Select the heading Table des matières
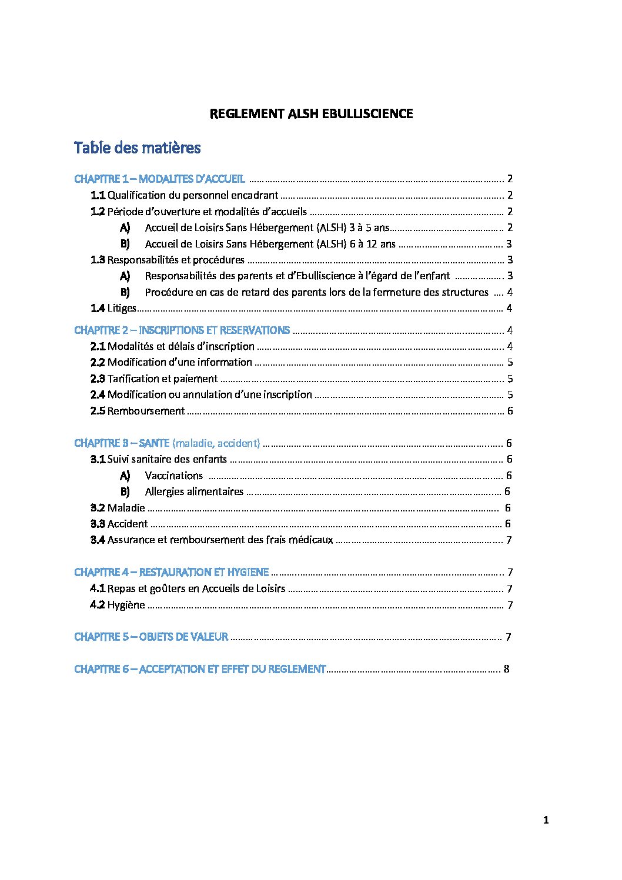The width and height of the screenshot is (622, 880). tap(137, 148)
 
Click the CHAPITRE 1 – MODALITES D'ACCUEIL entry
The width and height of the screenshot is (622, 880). tap(159, 179)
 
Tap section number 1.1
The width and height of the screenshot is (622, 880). tap(98, 195)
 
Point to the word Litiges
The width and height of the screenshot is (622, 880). tap(122, 308)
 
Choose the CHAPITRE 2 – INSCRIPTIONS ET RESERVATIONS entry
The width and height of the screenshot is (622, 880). tap(182, 330)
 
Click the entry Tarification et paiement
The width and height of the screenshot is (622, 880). tap(162, 379)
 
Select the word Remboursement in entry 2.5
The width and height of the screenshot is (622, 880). tap(146, 411)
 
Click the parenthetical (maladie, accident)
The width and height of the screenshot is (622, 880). tap(216, 443)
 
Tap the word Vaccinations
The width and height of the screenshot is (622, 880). tap(173, 476)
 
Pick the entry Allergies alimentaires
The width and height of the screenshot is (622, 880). tap(194, 491)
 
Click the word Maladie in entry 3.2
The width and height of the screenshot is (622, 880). tap(126, 508)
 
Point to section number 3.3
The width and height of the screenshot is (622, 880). tap(98, 524)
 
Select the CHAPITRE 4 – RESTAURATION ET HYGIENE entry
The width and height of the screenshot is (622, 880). tap(171, 572)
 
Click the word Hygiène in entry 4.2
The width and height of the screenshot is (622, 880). tap(126, 605)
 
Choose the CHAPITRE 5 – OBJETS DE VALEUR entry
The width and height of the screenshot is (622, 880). tap(151, 637)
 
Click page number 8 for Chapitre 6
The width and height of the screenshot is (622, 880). tap(506, 669)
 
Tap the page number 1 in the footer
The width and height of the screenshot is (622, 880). tap(546, 820)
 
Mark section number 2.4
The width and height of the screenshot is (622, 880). tap(98, 394)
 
